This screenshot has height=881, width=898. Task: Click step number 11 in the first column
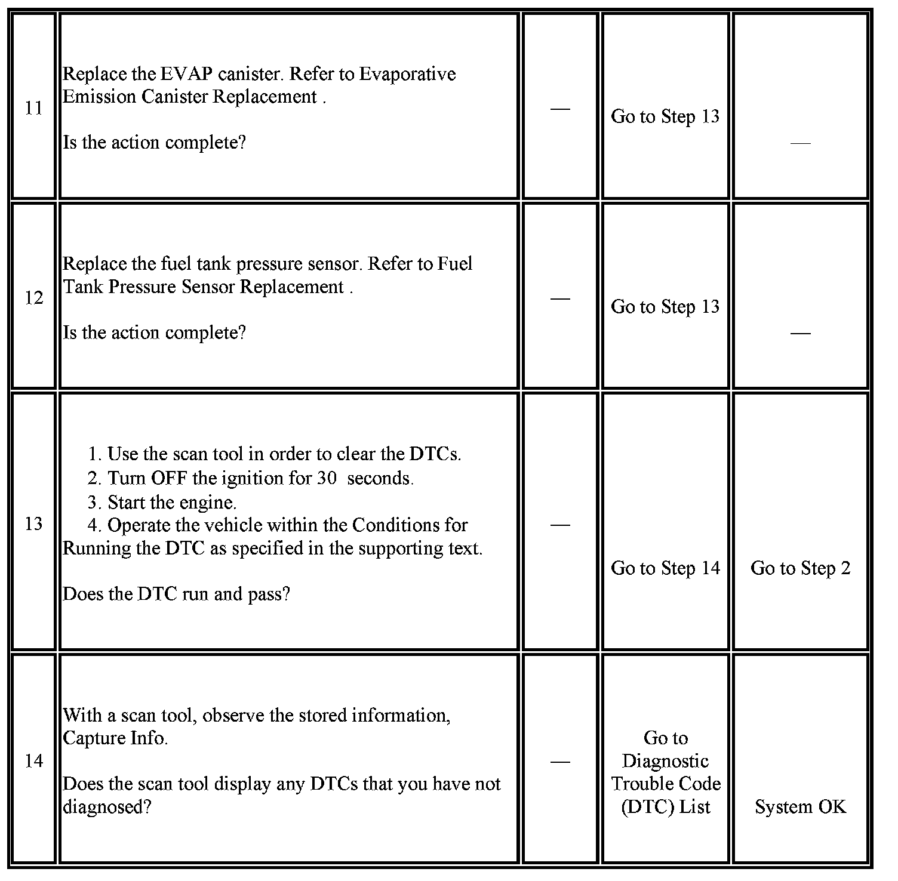point(33,108)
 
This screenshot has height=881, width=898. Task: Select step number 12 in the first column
point(33,298)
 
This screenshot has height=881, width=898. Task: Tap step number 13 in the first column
point(33,524)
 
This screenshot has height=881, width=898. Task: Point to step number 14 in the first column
point(33,761)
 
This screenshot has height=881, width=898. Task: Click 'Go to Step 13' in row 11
point(665,116)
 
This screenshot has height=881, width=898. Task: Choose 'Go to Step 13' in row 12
point(665,307)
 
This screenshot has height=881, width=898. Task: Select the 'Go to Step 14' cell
point(665,568)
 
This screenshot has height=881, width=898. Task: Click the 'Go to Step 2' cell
point(800,568)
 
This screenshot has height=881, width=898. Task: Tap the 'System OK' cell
point(800,807)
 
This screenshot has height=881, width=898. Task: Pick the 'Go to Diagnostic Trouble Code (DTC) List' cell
point(666,772)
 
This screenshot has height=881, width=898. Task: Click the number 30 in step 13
point(327,478)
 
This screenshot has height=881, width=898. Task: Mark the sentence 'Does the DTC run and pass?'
point(176,594)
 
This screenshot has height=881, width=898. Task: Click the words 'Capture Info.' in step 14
point(115,738)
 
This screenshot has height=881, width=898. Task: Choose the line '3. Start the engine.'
point(162,502)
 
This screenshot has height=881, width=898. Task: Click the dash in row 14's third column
point(559,762)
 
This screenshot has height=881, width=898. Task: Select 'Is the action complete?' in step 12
point(154,332)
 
